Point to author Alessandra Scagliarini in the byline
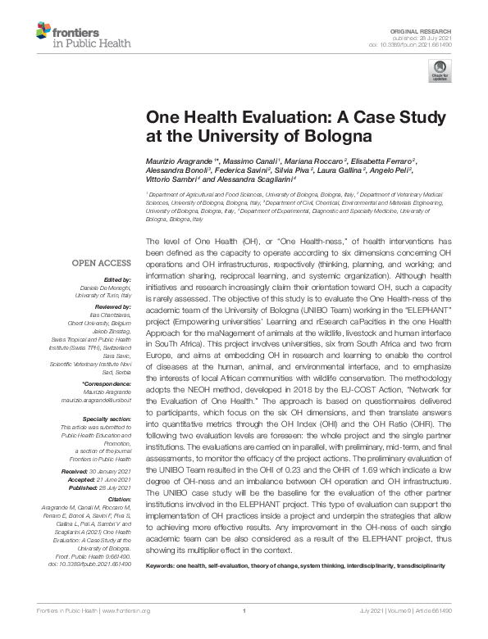(261, 179)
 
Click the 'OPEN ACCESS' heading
(102, 263)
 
